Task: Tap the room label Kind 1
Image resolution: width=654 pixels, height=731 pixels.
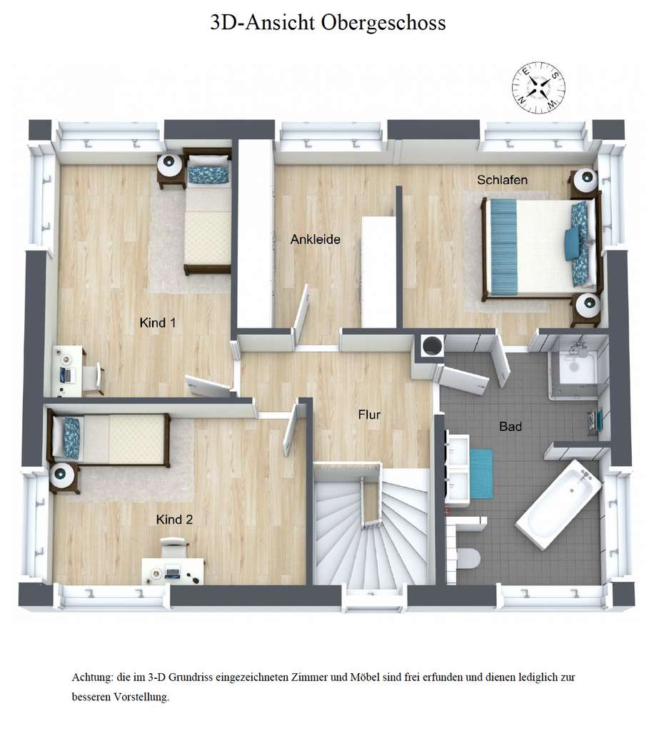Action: (157, 323)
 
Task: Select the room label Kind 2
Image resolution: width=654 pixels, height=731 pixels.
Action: (174, 520)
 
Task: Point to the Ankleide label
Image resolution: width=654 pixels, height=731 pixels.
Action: (315, 240)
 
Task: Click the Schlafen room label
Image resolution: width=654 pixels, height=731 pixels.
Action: (503, 180)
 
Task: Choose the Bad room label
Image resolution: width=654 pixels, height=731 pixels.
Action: (510, 427)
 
